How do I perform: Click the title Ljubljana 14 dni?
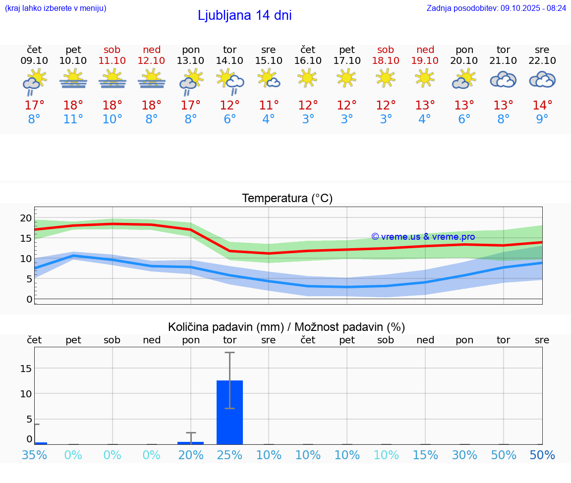pyautogui.click(x=244, y=15)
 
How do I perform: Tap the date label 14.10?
pyautogui.click(x=229, y=61)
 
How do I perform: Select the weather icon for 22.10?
pyautogui.click(x=542, y=80)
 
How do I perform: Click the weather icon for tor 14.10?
pyautogui.click(x=229, y=80)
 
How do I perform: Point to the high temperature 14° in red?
pyautogui.click(x=542, y=106)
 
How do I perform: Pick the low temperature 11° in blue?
pyautogui.click(x=73, y=119)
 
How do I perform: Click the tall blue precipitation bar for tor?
pyautogui.click(x=229, y=412)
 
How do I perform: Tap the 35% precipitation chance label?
pyautogui.click(x=34, y=455)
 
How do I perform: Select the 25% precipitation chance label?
pyautogui.click(x=229, y=455)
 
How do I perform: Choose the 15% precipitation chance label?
pyautogui.click(x=425, y=455)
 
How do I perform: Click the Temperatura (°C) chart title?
pyautogui.click(x=287, y=199)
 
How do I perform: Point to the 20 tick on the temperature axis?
pyautogui.click(x=26, y=218)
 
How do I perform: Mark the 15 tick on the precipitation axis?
pyautogui.click(x=26, y=368)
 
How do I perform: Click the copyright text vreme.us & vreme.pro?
pyautogui.click(x=423, y=237)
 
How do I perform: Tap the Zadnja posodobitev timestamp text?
pyautogui.click(x=496, y=8)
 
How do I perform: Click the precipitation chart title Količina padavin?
pyautogui.click(x=286, y=327)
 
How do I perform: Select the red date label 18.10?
pyautogui.click(x=386, y=61)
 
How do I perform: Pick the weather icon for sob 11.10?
pyautogui.click(x=113, y=80)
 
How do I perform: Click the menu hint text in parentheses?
pyautogui.click(x=56, y=8)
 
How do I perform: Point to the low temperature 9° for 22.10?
pyautogui.click(x=542, y=119)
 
